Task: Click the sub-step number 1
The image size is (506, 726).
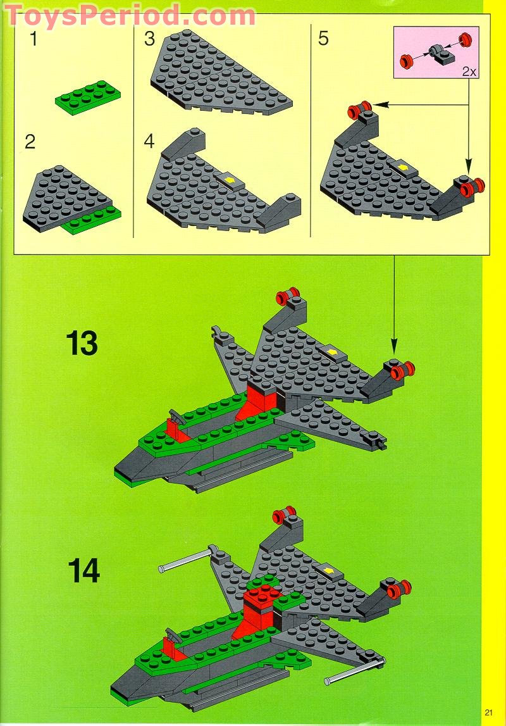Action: (33, 39)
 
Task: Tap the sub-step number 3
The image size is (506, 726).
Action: (149, 39)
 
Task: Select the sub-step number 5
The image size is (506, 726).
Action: (323, 39)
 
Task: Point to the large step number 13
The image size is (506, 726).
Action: (82, 343)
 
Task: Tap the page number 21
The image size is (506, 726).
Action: (489, 712)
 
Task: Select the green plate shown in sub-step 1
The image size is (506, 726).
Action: (88, 96)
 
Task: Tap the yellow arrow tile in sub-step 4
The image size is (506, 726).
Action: (231, 180)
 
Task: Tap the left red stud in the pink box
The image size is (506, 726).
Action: (406, 61)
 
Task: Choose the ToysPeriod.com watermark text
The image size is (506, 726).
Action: (130, 14)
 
